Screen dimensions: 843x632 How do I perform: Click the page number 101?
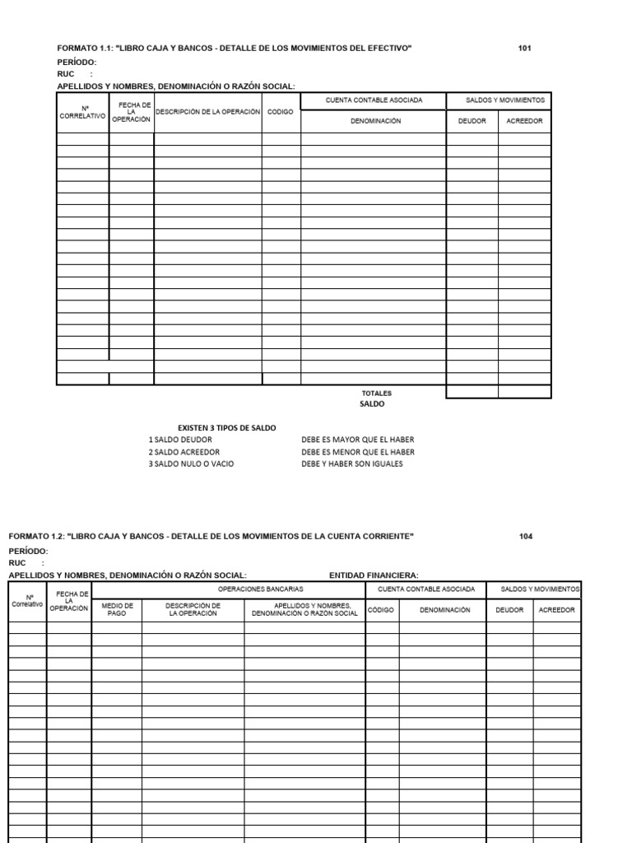coord(525,49)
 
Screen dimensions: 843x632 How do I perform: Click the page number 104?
coord(526,537)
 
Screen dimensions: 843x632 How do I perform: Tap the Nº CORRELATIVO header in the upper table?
coord(82,112)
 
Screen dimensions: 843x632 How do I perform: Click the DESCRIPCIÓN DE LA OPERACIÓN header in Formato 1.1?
coord(207,111)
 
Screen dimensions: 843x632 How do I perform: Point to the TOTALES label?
coord(377,393)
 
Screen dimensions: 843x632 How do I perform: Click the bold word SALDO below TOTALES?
coord(372,404)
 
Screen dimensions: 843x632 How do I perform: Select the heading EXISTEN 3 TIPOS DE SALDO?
coord(227,428)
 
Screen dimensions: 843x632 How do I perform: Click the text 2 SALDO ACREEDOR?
coord(184,452)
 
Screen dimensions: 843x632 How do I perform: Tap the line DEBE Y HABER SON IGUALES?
coord(352,463)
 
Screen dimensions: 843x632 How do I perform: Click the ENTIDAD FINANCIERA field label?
coord(374,575)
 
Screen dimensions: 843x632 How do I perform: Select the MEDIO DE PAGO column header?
coord(117,610)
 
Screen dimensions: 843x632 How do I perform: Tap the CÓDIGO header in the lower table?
coord(382,610)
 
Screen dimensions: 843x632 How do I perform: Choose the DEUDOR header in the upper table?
coord(472,121)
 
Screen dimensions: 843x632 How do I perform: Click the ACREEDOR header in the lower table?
coord(556,610)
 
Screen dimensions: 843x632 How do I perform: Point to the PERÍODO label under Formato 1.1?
coord(77,63)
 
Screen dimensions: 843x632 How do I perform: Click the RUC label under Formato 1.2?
coord(18,563)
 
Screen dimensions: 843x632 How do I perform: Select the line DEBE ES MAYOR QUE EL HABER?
coord(358,440)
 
